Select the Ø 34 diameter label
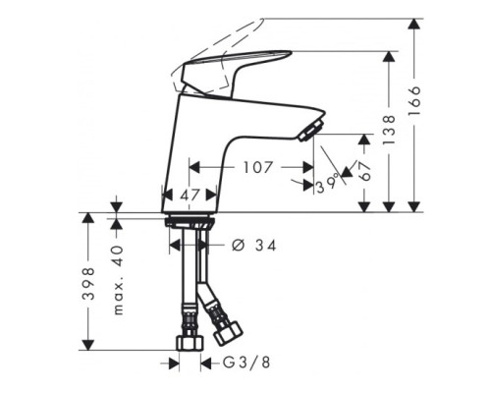[x=254, y=245]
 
